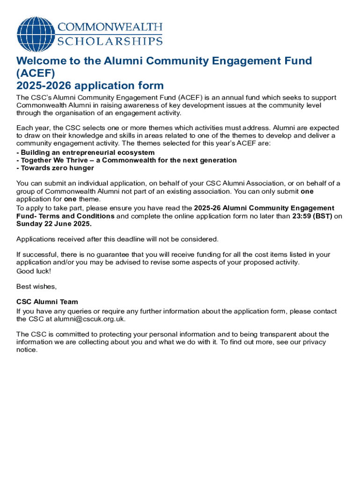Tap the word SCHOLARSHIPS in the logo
coord(110,41)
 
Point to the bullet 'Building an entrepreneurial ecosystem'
coord(86,153)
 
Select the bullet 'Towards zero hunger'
coord(56,168)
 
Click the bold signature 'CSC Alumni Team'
coord(47,302)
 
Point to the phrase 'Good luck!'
coord(34,271)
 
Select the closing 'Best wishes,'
coord(36,286)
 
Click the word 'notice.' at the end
coord(27,349)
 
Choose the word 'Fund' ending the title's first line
coord(299,61)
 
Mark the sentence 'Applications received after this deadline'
coord(117,239)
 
